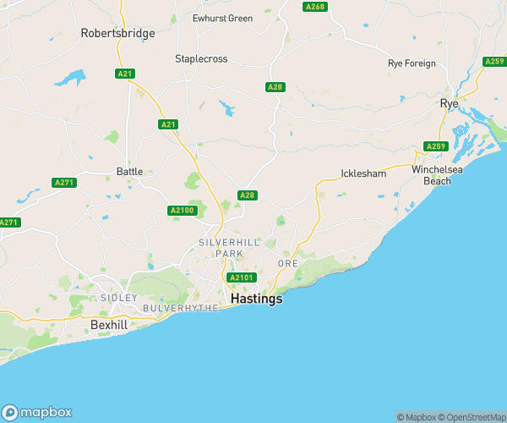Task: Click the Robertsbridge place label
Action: point(117,33)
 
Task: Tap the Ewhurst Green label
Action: point(222,18)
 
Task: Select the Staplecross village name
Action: point(202,58)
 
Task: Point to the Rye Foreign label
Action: point(412,63)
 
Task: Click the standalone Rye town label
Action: point(449,103)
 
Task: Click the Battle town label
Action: point(129,171)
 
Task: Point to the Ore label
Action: point(287,264)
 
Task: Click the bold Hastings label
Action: point(256,299)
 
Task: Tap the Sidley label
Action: point(118,298)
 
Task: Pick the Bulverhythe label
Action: point(179,308)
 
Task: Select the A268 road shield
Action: point(314,7)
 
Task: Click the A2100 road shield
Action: point(182,210)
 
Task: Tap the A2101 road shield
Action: point(240,277)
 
